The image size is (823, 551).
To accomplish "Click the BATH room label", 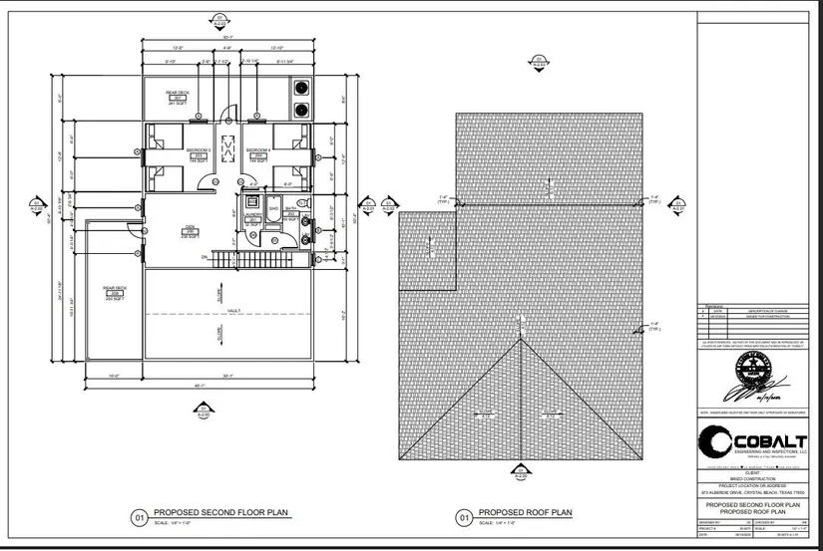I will (291, 209).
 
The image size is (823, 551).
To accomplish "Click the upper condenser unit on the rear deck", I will (300, 86).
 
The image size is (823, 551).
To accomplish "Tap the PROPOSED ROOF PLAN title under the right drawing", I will (525, 513).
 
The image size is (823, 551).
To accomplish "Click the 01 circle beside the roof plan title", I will (463, 518).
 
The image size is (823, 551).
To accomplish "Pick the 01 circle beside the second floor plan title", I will (140, 518).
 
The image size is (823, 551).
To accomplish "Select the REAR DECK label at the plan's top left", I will (177, 94).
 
